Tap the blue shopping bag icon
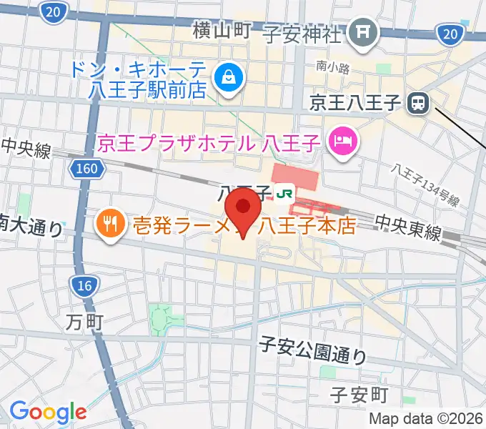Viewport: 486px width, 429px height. (229, 74)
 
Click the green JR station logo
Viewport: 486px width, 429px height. (286, 193)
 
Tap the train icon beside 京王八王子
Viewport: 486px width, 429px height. (417, 104)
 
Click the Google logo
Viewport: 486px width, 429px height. (48, 412)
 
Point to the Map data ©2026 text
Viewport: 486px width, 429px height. (425, 418)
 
